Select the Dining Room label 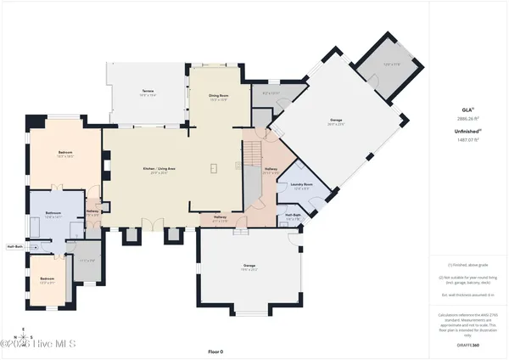click(220, 97)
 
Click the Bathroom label click(54, 213)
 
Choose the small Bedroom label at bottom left click(48, 279)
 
